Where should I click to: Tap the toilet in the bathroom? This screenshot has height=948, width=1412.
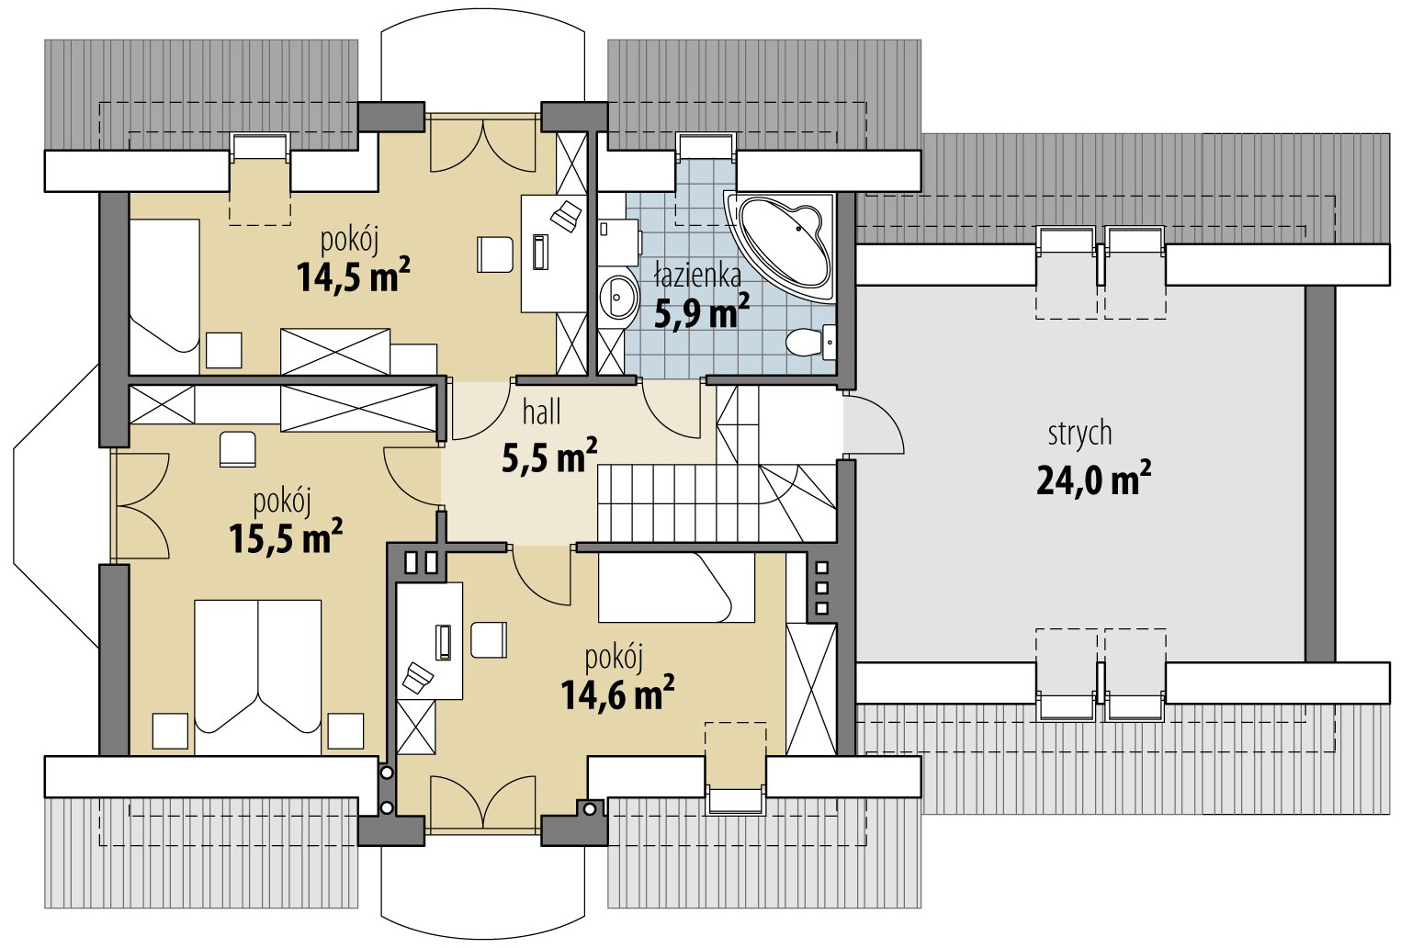(811, 342)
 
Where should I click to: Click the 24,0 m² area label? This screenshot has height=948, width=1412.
(1093, 480)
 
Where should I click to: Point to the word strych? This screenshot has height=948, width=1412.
(1079, 434)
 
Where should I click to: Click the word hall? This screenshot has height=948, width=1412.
(541, 412)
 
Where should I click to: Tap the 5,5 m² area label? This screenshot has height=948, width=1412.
(549, 456)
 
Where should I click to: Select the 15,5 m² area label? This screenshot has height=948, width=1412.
(286, 537)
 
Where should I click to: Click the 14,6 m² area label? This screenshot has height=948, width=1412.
(617, 694)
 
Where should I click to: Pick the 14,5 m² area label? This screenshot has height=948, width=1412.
(353, 275)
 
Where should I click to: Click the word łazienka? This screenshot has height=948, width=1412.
(698, 276)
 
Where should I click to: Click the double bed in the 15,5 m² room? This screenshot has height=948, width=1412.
(258, 677)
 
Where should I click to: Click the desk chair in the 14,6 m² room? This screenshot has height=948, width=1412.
(489, 639)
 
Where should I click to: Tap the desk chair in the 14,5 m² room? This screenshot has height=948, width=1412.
(495, 254)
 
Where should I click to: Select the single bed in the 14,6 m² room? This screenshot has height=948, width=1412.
(676, 588)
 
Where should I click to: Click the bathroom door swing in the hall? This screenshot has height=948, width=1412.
(671, 410)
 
